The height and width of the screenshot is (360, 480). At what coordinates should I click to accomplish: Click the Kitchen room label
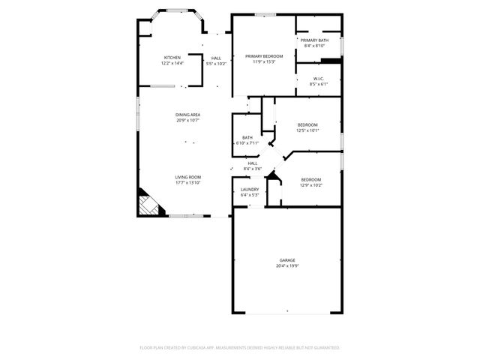tap(172, 58)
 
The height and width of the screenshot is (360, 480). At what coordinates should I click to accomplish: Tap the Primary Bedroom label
tap(264, 56)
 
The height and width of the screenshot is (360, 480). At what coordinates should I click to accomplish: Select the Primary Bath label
tap(314, 40)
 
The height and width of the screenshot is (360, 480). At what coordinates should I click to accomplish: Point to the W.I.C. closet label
tap(319, 78)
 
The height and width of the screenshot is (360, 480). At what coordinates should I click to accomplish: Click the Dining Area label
tap(188, 115)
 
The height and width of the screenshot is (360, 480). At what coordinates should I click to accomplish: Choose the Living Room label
tap(188, 177)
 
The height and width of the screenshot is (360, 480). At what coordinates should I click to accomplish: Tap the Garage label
tap(287, 260)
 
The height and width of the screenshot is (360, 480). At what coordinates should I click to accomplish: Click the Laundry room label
tap(250, 190)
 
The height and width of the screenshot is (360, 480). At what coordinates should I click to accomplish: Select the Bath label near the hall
tap(247, 137)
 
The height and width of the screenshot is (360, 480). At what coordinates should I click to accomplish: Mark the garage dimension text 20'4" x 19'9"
tap(287, 266)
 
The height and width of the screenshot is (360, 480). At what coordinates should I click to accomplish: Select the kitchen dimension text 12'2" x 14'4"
tap(172, 64)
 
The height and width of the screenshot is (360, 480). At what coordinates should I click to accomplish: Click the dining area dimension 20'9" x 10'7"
tap(188, 120)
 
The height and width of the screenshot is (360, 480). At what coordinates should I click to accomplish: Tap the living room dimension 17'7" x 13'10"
tap(188, 182)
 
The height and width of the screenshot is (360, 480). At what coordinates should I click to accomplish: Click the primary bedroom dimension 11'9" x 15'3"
tap(264, 62)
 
